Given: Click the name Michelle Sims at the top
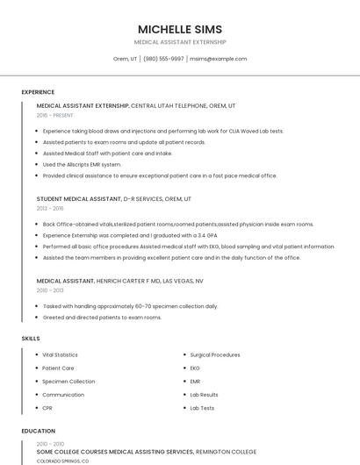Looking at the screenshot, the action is pos(180,29).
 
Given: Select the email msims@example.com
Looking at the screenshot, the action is pos(219,59).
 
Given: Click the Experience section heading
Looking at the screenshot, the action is pos(38,92).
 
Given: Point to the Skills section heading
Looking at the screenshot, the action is pos(30,338).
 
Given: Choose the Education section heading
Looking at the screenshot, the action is pos(38,431).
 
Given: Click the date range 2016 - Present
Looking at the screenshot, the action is pos(54,115).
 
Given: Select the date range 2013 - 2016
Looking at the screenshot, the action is pos(50,209).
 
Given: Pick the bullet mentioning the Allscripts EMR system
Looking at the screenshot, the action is pos(82,164).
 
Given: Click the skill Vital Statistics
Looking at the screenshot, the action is pos(60,354).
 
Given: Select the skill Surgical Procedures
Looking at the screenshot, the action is pos(214,354).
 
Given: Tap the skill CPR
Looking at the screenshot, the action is pos(47,408).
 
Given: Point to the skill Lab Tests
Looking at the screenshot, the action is pos(202,408).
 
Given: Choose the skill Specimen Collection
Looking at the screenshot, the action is pos(68,382).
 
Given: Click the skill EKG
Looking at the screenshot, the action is pos(195,368).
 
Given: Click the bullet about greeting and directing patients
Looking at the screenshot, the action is pos(102,317).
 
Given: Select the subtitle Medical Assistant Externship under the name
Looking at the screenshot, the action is pos(180,42).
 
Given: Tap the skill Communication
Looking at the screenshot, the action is pos(63,395).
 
